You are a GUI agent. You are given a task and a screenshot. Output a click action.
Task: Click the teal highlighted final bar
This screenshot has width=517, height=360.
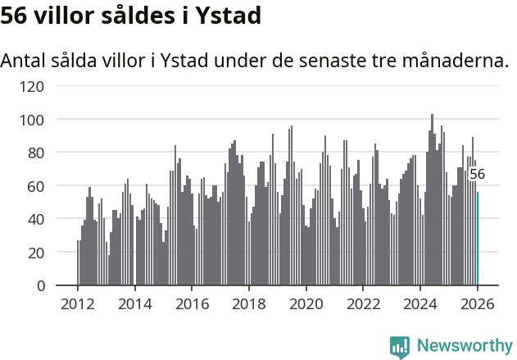click(478, 239)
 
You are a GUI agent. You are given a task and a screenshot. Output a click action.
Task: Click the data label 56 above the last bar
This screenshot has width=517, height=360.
click(477, 174)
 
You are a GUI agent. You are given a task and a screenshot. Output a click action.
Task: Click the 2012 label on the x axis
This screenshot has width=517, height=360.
click(78, 303)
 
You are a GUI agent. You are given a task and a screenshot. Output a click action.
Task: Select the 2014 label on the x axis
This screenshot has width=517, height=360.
click(135, 303)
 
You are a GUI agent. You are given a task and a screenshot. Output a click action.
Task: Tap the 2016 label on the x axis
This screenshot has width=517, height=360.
click(192, 303)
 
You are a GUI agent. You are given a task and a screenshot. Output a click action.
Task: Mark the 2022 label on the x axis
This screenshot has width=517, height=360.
click(364, 303)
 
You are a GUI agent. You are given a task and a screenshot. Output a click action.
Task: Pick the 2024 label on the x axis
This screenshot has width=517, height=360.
click(420, 303)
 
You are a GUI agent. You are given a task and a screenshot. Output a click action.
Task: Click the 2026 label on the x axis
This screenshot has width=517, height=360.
click(478, 303)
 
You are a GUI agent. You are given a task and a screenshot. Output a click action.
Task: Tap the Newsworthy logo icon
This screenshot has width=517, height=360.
click(400, 347)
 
